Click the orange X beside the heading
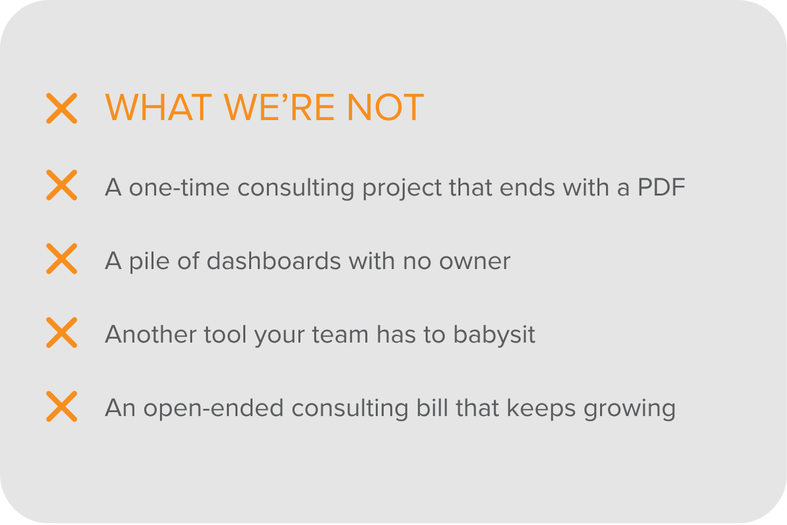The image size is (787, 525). tap(62, 108)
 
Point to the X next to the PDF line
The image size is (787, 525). tap(62, 185)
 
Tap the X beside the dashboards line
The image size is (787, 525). tap(62, 259)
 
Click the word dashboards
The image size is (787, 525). tap(273, 262)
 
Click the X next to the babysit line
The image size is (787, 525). tap(62, 332)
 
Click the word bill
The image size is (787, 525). tap(431, 408)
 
